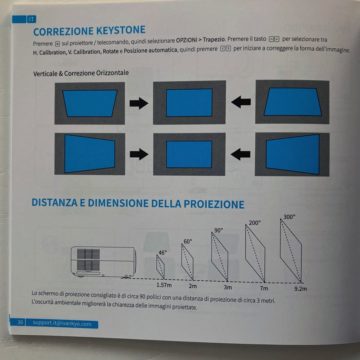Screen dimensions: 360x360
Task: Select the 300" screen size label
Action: pos(290,216)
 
